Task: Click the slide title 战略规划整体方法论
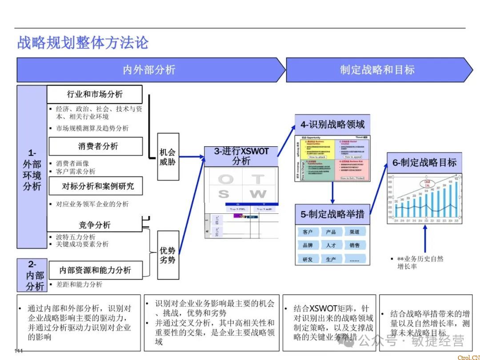[x=83, y=43]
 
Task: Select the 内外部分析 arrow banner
[x=149, y=70]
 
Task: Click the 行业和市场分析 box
[x=95, y=94]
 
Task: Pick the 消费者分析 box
[x=96, y=146]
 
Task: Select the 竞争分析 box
[x=95, y=225]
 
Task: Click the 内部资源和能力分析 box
[x=96, y=270]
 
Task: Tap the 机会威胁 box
[x=168, y=157]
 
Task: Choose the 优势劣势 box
[x=168, y=255]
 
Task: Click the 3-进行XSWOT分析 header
[x=241, y=156]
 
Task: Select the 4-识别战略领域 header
[x=332, y=124]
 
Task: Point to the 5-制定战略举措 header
[x=332, y=214]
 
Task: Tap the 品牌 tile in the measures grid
[x=308, y=245]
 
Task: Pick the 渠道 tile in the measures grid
[x=355, y=232]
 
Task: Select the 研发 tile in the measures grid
[x=308, y=260]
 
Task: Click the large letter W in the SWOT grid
[x=258, y=194]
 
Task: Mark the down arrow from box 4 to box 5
[x=332, y=192]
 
